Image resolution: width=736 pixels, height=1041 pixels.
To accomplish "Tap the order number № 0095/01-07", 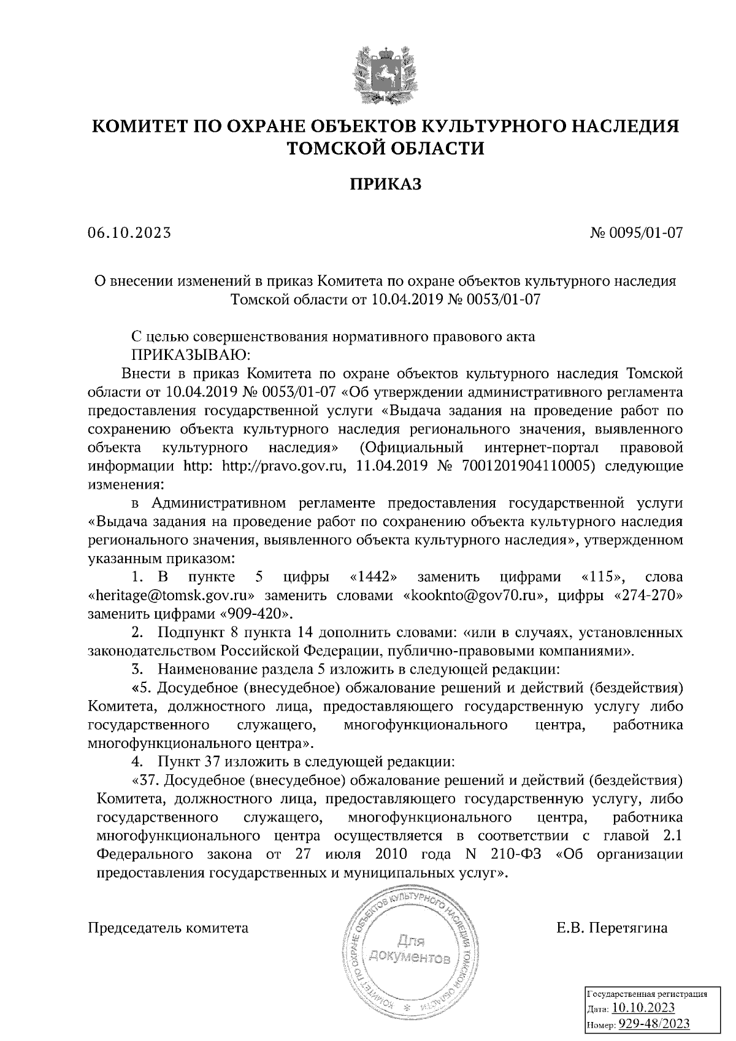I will click(x=635, y=233).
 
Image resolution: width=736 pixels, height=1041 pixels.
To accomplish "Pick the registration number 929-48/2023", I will click(x=654, y=1024).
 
